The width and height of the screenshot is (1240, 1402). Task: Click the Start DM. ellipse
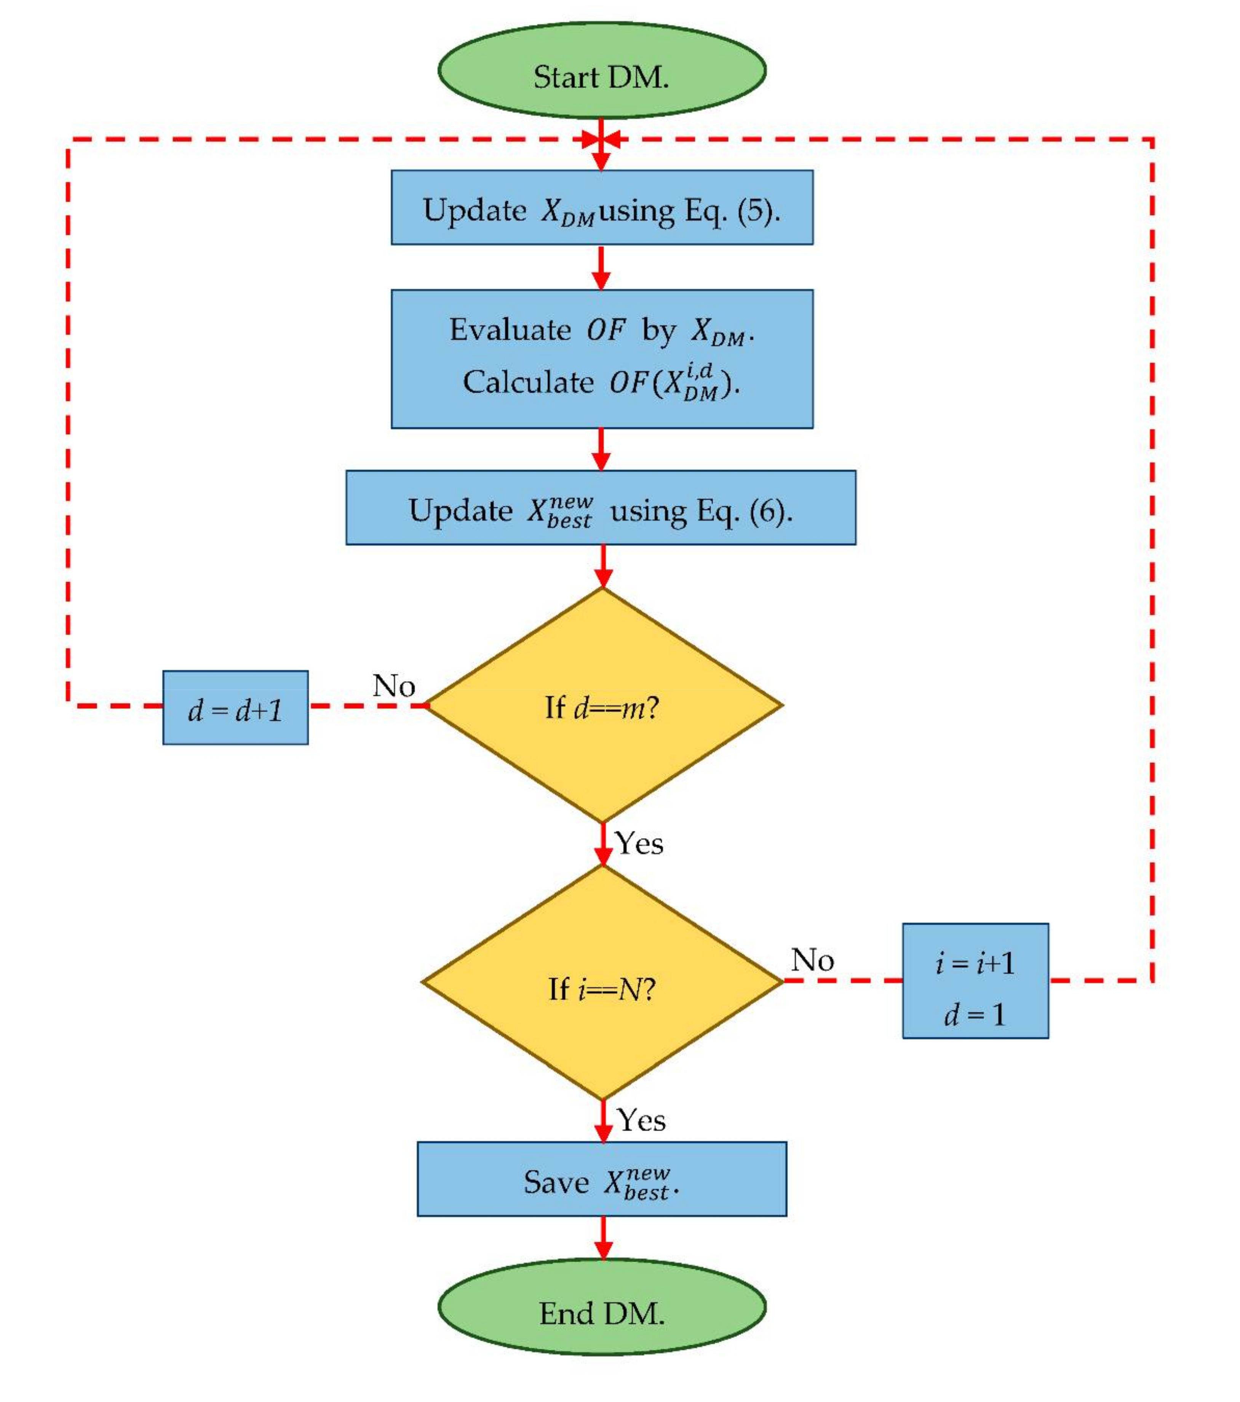coord(601,70)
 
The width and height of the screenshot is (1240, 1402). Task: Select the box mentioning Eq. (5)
coord(601,207)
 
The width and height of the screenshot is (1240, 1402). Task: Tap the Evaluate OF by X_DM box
coord(601,359)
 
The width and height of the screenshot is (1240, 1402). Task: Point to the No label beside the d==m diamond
coord(394,685)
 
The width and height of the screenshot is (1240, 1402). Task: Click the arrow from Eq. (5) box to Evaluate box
coord(601,267)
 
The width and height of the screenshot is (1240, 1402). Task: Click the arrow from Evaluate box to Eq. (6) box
coord(601,449)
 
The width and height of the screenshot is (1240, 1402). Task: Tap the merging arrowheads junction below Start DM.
coord(601,140)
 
